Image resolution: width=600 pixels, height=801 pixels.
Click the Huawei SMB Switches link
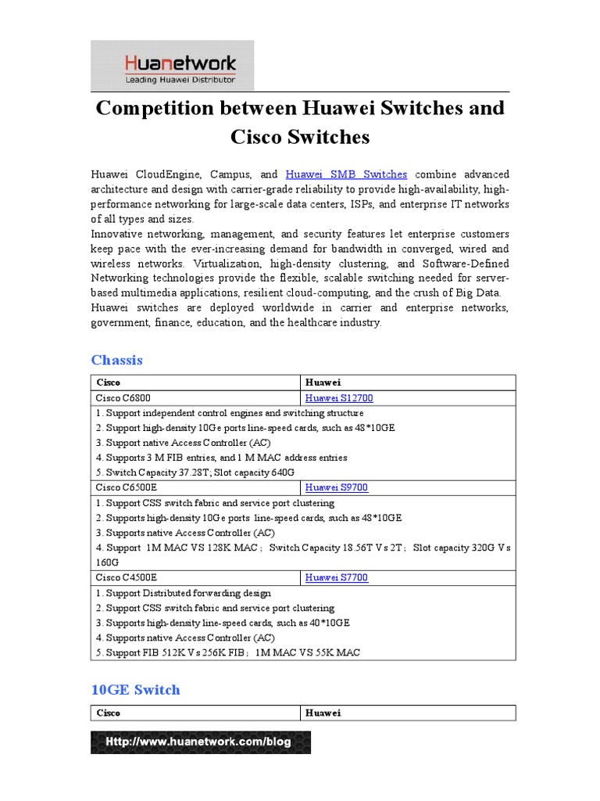click(346, 174)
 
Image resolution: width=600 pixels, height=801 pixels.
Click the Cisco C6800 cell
click(123, 398)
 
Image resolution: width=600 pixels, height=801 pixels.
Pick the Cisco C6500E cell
click(126, 487)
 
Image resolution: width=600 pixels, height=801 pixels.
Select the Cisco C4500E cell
click(126, 577)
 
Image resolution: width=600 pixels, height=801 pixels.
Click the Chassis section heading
click(117, 360)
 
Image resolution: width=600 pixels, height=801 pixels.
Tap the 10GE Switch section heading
click(135, 689)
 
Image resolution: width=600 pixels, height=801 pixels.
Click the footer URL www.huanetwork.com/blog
click(200, 742)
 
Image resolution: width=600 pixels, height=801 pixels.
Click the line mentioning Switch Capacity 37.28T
click(195, 472)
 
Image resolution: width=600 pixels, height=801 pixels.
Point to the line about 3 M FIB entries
click(221, 458)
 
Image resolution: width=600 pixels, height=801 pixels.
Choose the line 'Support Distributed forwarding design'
click(184, 593)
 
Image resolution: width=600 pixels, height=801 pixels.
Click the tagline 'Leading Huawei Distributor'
click(180, 80)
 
